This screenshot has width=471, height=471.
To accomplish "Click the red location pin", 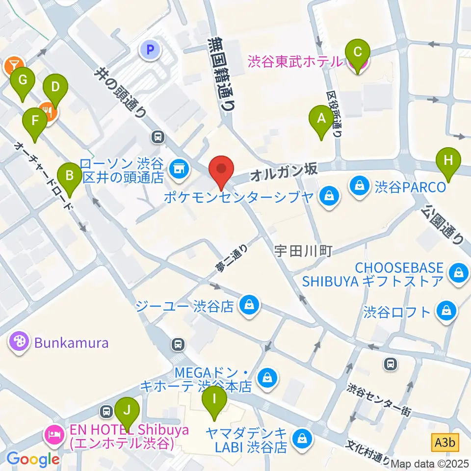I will point(221,169).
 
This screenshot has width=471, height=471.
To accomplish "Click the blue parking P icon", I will point(148,49).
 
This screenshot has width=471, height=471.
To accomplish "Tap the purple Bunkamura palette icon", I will point(20,341).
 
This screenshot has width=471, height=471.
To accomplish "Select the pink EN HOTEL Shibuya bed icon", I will point(53,434).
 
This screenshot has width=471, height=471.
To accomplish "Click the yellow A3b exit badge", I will point(445,443).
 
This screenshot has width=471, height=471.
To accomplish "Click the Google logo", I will point(33,459).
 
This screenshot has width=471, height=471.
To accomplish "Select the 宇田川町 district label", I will point(303,251).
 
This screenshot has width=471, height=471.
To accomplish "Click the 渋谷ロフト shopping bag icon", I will point(446,311).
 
